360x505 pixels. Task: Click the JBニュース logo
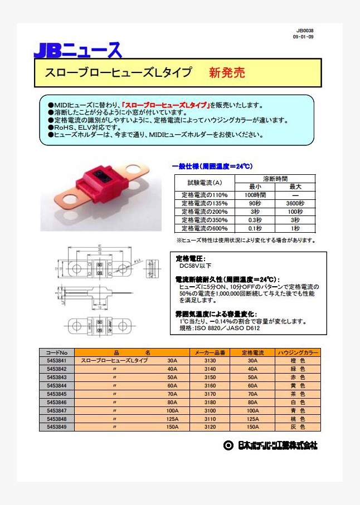[77, 50]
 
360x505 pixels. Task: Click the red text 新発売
[227, 73]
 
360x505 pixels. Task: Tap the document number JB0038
[305, 31]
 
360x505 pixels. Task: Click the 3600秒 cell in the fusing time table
[295, 203]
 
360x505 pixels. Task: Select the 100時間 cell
[255, 195]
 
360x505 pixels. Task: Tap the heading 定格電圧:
[191, 259]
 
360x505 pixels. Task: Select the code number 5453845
[56, 394]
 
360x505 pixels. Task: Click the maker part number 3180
[210, 402]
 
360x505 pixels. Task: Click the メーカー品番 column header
[210, 352]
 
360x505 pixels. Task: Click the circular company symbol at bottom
[227, 445]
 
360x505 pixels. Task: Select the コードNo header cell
[56, 352]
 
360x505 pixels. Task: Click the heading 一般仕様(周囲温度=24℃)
[212, 166]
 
